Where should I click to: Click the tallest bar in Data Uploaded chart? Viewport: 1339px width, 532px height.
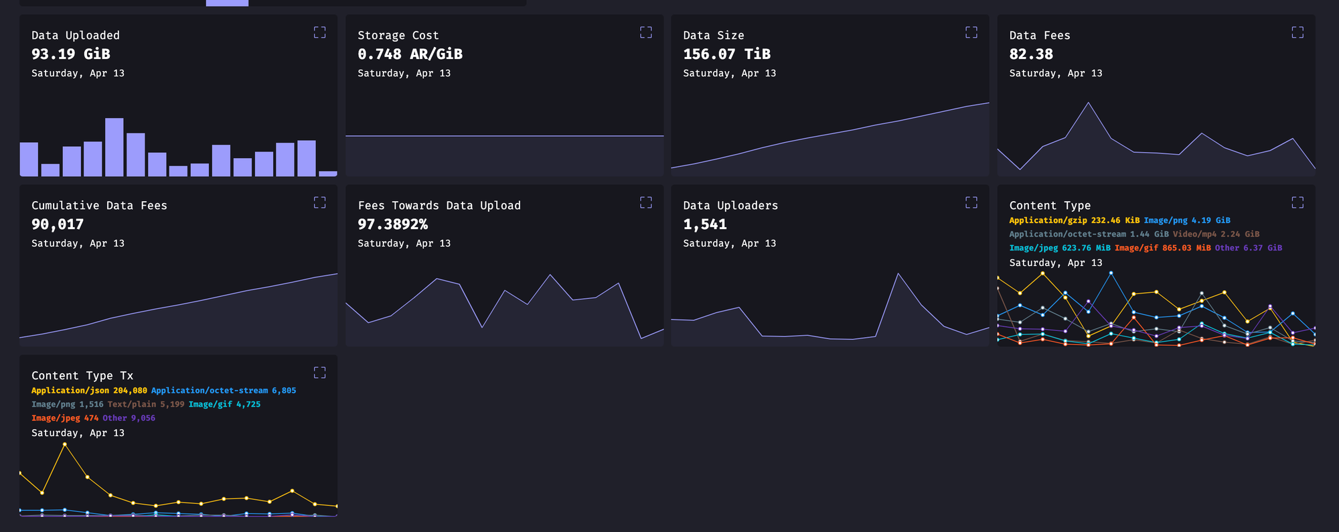point(114,147)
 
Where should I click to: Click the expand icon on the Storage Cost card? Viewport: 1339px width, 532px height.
point(645,32)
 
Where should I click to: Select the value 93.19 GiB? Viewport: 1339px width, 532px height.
point(71,54)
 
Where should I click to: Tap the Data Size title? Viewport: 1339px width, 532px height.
point(713,36)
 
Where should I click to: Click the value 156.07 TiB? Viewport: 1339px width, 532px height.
point(726,54)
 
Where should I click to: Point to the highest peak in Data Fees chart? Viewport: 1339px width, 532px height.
point(1089,103)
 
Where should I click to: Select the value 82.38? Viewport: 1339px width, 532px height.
point(1031,54)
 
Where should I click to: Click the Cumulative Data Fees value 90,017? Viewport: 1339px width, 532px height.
point(58,224)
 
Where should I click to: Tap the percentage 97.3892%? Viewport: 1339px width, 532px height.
point(392,224)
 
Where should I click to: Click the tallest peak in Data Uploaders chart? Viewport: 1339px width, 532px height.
point(898,274)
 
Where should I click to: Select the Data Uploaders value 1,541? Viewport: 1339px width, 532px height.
point(704,224)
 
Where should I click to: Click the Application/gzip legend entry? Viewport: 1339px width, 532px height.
point(1074,220)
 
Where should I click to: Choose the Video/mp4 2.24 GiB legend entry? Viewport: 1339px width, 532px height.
point(1216,234)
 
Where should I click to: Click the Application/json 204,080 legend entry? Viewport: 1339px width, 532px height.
point(89,391)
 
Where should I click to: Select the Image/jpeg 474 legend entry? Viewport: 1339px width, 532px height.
point(64,418)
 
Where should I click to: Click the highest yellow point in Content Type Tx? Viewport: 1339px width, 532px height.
point(65,444)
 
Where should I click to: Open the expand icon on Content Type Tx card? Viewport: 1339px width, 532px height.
point(319,373)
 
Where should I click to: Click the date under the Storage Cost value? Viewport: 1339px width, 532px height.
point(404,73)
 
